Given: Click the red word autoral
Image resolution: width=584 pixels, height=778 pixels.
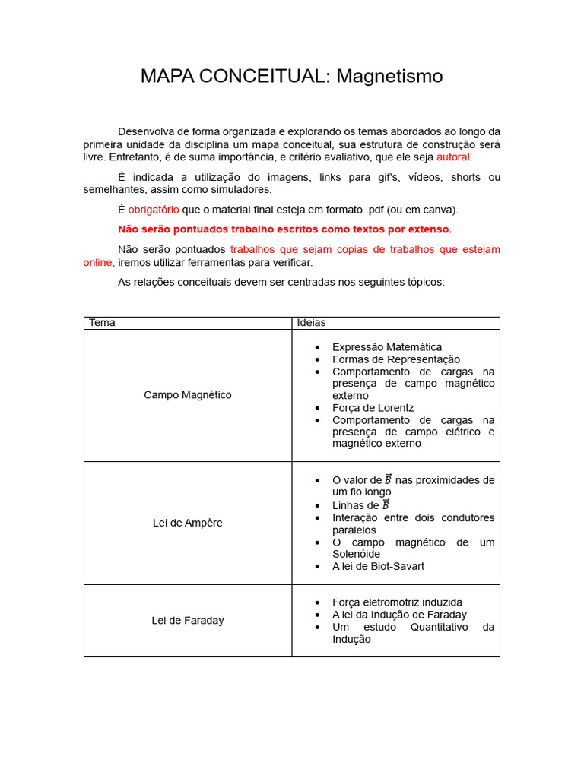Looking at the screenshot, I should [453, 157].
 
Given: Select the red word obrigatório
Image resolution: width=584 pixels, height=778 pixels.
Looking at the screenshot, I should [154, 210].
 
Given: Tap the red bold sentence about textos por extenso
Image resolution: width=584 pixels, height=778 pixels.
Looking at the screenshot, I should [284, 229].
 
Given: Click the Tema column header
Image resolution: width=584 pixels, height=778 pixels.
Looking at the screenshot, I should [102, 323].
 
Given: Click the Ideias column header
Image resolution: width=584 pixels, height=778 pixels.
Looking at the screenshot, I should [311, 323].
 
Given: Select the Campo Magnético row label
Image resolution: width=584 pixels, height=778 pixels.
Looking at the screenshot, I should [188, 395].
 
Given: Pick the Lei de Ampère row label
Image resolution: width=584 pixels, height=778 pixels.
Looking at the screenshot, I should [188, 523].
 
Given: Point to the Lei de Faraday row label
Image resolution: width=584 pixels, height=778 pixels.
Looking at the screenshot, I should [188, 621].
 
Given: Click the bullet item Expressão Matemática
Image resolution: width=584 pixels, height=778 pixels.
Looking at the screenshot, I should [386, 347].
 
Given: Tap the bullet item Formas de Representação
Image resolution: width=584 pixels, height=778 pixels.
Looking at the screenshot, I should [395, 359].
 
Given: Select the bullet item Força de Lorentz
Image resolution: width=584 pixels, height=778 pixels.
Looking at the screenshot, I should [373, 408].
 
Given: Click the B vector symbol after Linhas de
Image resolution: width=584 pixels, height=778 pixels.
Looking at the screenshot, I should [386, 505].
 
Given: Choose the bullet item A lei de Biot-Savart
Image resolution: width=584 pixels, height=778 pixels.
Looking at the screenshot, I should [378, 566].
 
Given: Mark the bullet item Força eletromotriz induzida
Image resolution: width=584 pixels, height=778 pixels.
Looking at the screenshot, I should [397, 602].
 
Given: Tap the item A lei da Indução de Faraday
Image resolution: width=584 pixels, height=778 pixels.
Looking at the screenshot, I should [399, 615].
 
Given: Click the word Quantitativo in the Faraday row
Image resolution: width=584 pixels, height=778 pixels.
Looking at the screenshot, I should [441, 627].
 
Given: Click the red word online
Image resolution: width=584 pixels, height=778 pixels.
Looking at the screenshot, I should [97, 262].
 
